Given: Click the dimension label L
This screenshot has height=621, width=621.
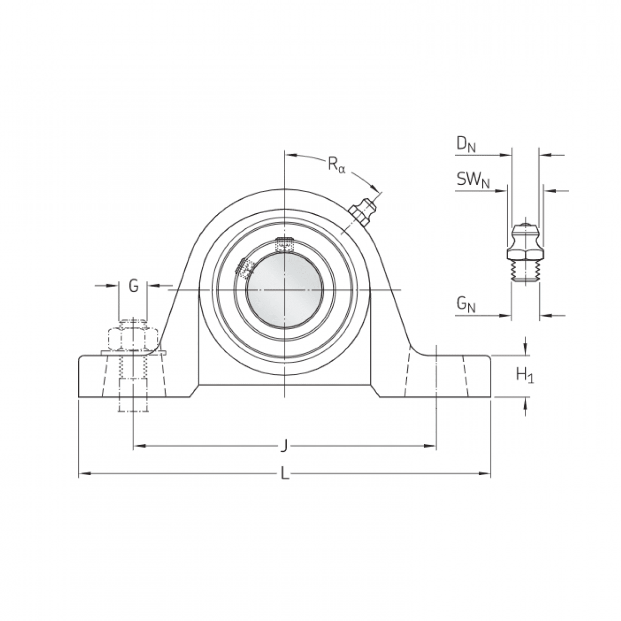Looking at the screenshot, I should (284, 472).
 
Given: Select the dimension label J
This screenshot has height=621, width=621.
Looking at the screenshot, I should (284, 445).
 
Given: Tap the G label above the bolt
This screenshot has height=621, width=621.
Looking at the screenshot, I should (134, 286).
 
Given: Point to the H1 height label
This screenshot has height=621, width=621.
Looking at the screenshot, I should (525, 376).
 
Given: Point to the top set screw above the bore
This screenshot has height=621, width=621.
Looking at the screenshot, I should (284, 244).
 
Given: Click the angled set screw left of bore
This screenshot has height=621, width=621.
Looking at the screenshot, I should (245, 267).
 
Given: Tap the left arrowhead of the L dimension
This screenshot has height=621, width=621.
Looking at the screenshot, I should (82, 473).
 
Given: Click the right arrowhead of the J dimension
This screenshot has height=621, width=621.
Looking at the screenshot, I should (430, 445).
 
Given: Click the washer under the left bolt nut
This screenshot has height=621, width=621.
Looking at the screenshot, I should (133, 353).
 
